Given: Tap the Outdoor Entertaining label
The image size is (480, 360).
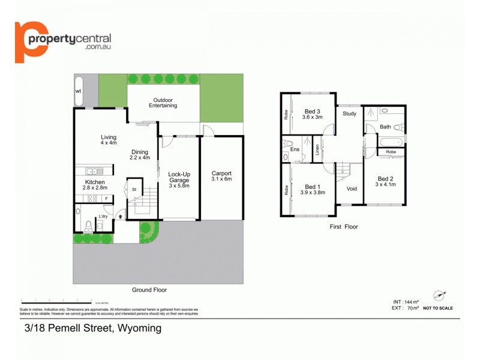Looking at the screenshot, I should (163, 103).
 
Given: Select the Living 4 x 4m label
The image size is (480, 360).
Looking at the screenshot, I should (108, 140).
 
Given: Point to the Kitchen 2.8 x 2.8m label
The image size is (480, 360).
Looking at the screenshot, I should (95, 185).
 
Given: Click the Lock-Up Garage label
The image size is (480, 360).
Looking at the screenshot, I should (179, 179).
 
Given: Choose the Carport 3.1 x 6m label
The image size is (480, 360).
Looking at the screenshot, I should (221, 176).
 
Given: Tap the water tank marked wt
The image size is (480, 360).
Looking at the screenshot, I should (78, 91).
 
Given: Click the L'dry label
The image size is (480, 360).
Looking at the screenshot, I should (103, 217).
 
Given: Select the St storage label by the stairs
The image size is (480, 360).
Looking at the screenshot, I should (134, 190).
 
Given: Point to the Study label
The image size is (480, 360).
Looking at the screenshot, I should (349, 113).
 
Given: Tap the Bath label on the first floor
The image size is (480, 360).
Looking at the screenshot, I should (385, 127).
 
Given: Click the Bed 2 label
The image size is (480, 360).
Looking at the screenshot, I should (385, 182).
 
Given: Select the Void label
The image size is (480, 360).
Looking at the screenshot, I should (352, 188).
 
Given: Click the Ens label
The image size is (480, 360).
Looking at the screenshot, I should (295, 150).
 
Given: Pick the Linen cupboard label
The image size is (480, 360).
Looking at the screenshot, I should (317, 150).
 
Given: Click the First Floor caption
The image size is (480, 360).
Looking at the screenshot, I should (344, 227).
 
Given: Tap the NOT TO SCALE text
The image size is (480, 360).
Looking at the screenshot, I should (438, 308).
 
